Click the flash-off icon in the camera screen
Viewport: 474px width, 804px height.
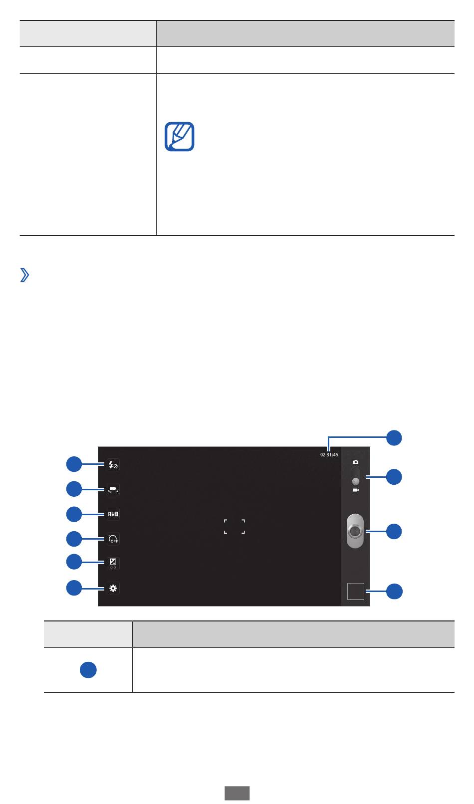coord(113,465)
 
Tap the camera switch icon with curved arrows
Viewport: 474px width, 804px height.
coord(113,489)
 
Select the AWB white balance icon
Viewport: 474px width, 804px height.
coord(113,514)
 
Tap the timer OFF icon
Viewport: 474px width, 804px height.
coord(113,539)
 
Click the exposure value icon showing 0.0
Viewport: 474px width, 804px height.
coord(113,563)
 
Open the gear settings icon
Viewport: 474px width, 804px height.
coord(113,588)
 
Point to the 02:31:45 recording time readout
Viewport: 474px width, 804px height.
coord(329,455)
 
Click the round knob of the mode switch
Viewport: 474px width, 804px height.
coord(355,481)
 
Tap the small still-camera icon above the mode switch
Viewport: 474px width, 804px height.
coord(355,462)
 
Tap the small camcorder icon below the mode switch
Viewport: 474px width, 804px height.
coord(356,490)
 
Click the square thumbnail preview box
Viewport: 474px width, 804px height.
coord(356,592)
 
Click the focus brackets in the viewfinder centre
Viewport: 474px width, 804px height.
coord(235,526)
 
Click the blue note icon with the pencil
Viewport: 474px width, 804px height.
coord(180,137)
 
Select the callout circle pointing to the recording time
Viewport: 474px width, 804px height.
coord(394,437)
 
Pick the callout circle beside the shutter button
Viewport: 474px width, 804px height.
coord(394,532)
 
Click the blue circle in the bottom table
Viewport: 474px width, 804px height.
coord(88,670)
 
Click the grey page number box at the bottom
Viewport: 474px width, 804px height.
coord(237,793)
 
